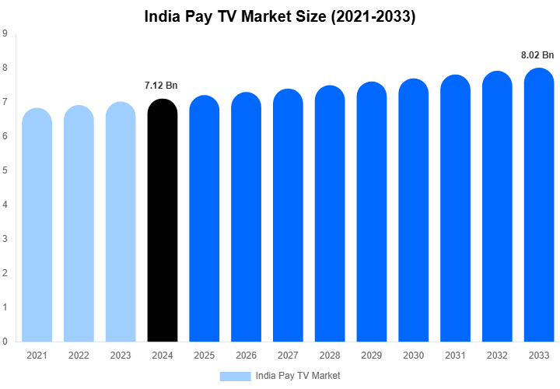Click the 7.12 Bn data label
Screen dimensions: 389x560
[162, 85]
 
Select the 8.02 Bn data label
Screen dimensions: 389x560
[537, 54]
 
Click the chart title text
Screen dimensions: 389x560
[280, 16]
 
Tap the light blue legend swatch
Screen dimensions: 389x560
[235, 376]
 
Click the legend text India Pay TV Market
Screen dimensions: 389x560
[298, 376]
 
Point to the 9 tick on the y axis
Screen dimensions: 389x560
[5, 33]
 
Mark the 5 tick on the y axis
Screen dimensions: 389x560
[5, 170]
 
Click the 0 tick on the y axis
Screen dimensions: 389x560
[5, 342]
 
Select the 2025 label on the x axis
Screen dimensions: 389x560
[204, 356]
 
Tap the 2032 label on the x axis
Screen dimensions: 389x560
[497, 356]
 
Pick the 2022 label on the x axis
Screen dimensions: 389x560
[79, 356]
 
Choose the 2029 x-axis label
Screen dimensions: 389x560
[372, 356]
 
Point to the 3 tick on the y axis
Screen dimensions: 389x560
[5, 239]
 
